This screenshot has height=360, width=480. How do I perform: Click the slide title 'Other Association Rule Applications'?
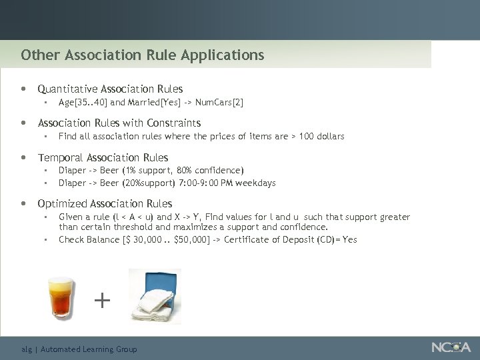click(142, 55)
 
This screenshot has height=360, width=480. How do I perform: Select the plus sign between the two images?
click(102, 301)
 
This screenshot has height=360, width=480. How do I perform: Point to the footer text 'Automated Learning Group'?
click(89, 349)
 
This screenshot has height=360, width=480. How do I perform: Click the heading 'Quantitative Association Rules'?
click(110, 89)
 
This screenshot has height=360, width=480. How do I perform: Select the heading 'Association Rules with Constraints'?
click(119, 123)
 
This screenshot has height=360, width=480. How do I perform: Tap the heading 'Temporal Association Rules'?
click(103, 157)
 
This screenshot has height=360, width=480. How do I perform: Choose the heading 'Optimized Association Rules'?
click(105, 203)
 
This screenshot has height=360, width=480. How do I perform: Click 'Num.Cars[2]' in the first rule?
click(219, 102)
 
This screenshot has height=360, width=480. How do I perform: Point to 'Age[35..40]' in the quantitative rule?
click(83, 102)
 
